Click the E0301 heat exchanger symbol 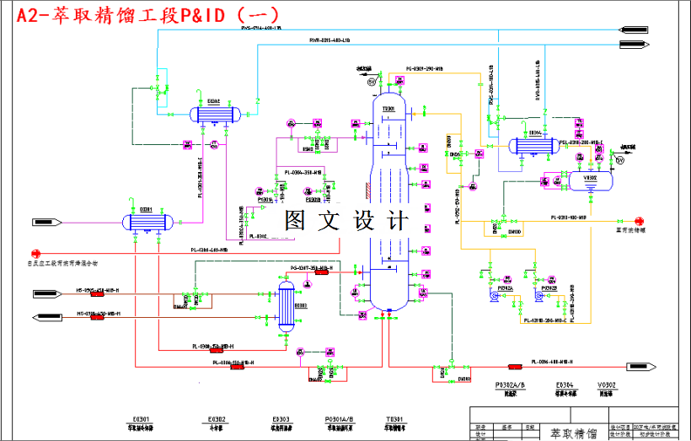(x=148, y=222)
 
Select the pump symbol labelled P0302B (x=537, y=296)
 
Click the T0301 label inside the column (x=389, y=109)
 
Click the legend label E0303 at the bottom (x=280, y=419)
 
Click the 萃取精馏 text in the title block (x=574, y=433)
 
